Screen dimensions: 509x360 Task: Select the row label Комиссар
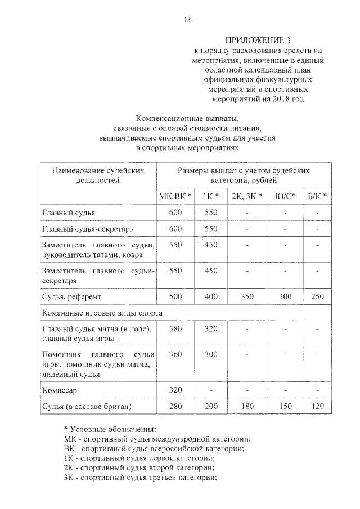(60, 390)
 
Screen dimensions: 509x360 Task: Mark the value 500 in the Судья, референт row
(176, 296)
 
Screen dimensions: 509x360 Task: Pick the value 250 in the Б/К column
(318, 296)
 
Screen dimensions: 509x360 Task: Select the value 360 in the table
(176, 355)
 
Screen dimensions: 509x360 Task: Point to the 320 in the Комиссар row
(176, 390)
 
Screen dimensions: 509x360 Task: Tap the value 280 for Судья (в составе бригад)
(176, 406)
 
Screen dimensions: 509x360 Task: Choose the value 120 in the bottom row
(318, 406)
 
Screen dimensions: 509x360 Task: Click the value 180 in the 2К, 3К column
(247, 406)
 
